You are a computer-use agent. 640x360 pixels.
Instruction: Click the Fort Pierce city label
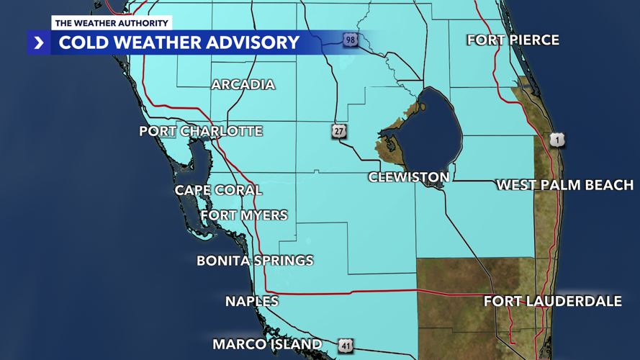513,40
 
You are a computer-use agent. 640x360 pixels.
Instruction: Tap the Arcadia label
243,85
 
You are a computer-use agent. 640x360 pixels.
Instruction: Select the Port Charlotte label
201,131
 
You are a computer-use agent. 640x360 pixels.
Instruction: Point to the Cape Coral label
218,190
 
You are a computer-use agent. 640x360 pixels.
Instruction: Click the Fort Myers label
244,215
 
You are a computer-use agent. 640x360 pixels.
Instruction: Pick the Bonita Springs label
255,261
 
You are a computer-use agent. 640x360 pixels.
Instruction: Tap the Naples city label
252,302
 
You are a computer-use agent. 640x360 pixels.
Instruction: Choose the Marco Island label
267,345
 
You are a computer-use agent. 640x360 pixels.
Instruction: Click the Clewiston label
409,177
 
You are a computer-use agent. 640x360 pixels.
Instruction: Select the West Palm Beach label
565,185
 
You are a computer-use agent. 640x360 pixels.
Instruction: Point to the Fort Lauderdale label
552,301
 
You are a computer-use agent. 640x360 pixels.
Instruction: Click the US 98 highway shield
351,40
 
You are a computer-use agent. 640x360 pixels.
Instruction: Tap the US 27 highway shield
339,131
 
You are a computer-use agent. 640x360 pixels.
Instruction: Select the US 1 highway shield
556,140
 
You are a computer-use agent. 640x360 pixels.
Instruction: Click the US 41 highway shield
346,346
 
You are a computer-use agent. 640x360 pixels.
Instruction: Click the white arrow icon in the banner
39,43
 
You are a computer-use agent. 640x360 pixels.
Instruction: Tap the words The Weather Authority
112,23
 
